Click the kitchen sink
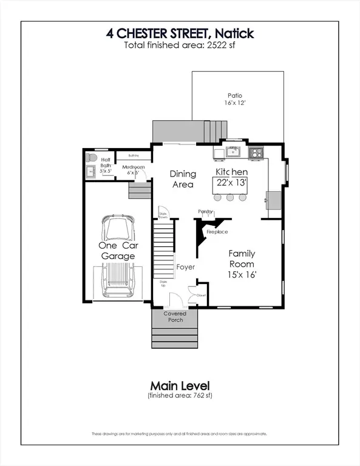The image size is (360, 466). click(233, 151)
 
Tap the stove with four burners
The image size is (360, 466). click(256, 152)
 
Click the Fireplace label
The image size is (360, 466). click(217, 232)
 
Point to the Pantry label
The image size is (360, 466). click(205, 211)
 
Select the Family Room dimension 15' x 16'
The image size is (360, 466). click(242, 275)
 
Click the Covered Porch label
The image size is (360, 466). click(175, 317)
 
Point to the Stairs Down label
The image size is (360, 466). click(163, 215)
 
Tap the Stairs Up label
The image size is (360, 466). click(163, 283)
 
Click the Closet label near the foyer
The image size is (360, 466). click(202, 295)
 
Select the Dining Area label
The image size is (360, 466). click(182, 179)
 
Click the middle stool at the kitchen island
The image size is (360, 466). click(229, 197)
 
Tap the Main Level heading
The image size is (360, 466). click(180, 385)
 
